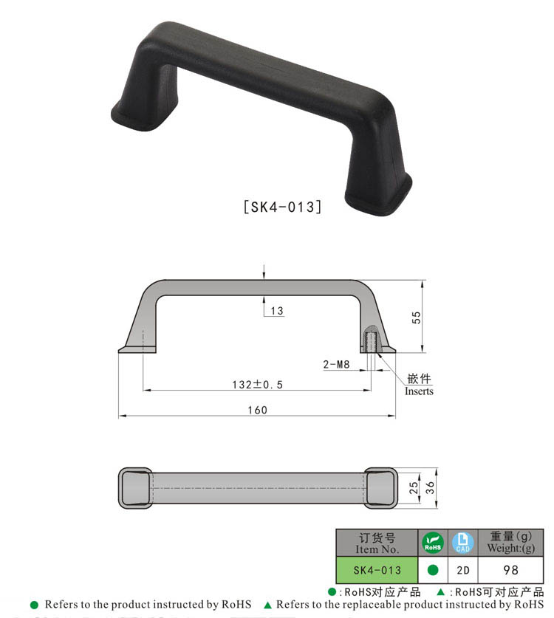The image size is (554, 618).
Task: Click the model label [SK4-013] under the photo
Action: [x=282, y=207]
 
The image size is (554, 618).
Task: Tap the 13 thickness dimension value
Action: [x=276, y=311]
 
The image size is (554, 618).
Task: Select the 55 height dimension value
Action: [x=417, y=317]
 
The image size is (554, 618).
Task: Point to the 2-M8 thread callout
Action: [x=337, y=364]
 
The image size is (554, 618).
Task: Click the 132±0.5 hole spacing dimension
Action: [x=257, y=385]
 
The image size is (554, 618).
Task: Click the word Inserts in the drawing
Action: [x=419, y=391]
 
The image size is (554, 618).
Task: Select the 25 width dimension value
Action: [x=414, y=487]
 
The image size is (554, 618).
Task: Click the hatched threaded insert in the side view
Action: [x=372, y=341]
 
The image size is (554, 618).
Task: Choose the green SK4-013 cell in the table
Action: [x=377, y=570]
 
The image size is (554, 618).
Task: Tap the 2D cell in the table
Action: [x=462, y=570]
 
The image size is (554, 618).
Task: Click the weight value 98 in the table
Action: [x=510, y=570]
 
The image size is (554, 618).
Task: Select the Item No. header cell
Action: [x=377, y=543]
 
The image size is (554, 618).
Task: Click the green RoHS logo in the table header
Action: [x=433, y=543]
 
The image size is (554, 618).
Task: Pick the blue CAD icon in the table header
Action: [x=462, y=543]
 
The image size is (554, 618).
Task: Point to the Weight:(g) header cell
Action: [x=510, y=543]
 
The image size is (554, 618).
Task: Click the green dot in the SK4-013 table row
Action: [x=433, y=570]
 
